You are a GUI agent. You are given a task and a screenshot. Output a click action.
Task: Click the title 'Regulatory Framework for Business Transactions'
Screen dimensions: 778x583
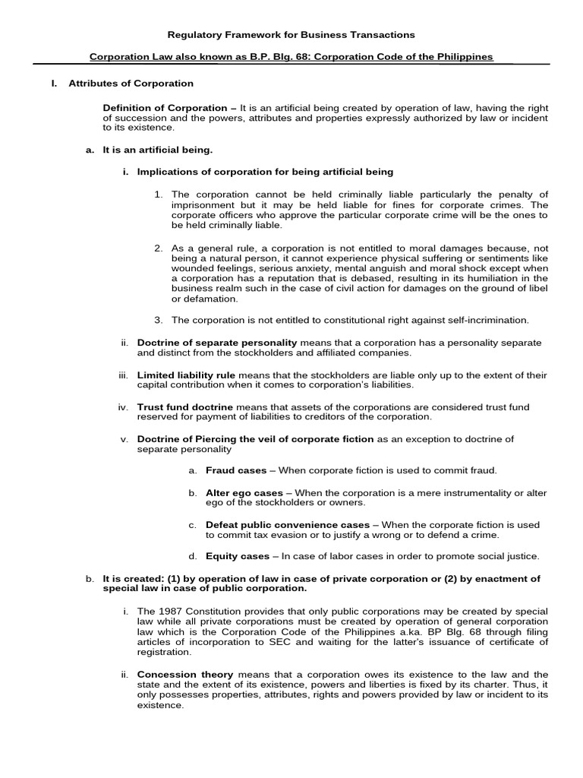(291, 35)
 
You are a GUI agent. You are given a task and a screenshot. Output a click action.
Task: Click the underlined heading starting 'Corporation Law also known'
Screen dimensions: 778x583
(291, 57)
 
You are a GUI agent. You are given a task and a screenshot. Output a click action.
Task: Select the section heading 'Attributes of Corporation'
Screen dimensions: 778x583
(131, 84)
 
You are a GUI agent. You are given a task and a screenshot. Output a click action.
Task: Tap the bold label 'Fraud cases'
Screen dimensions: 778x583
(236, 471)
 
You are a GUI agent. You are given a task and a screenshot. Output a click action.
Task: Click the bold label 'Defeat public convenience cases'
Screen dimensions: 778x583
(288, 525)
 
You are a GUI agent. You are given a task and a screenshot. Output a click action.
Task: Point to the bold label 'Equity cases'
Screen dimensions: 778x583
(238, 556)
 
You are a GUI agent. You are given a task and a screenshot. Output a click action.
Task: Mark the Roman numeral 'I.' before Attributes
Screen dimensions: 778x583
(54, 84)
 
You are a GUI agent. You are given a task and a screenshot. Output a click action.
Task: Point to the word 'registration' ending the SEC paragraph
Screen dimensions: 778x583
(163, 652)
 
